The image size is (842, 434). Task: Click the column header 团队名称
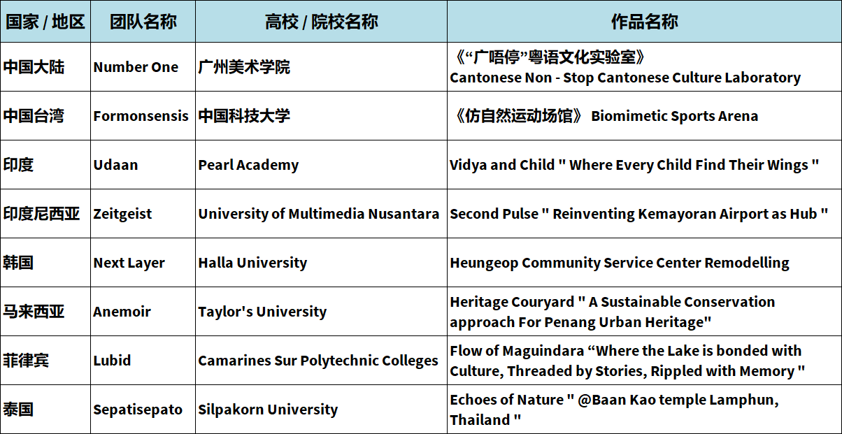click(x=143, y=22)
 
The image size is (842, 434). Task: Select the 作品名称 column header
click(x=644, y=22)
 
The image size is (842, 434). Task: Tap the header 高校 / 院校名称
click(x=322, y=22)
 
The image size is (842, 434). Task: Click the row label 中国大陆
click(x=34, y=67)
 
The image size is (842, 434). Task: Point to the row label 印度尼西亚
click(x=41, y=213)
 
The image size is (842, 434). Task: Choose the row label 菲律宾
click(x=26, y=360)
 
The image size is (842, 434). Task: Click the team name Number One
click(x=136, y=67)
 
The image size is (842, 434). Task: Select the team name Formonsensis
click(x=141, y=116)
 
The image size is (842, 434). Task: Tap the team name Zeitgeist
click(x=122, y=214)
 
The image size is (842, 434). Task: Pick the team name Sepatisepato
click(x=138, y=410)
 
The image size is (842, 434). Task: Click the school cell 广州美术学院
click(x=244, y=67)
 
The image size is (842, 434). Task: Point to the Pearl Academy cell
click(x=248, y=165)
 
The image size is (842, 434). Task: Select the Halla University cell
click(x=252, y=263)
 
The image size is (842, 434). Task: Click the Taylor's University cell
click(x=262, y=312)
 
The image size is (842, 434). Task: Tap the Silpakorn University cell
click(x=268, y=410)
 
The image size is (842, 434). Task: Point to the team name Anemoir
click(x=122, y=312)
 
